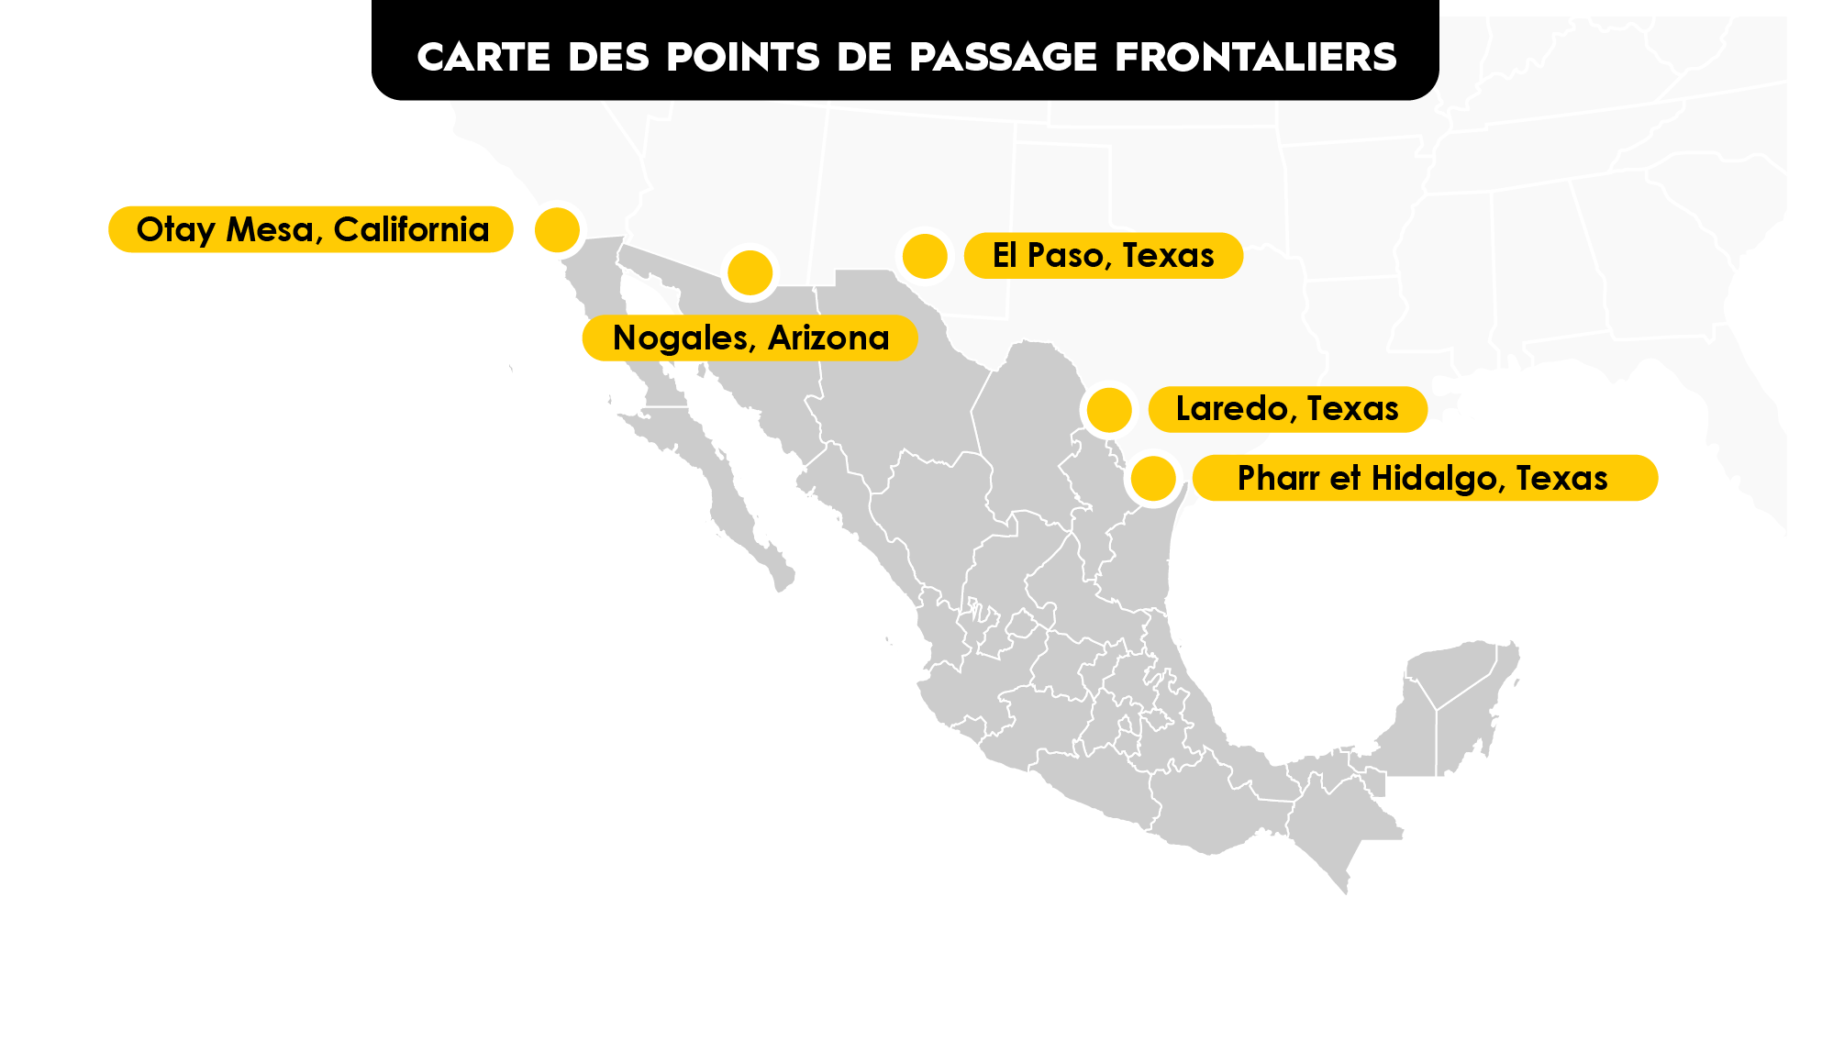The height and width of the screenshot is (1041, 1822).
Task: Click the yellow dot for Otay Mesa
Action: click(x=557, y=229)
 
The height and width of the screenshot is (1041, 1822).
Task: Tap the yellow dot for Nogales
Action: click(x=750, y=272)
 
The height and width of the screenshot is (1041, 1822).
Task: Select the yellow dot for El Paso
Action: click(x=925, y=256)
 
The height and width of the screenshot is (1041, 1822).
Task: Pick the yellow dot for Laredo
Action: click(x=1109, y=409)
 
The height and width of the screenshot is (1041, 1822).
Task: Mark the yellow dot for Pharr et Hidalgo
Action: click(x=1153, y=478)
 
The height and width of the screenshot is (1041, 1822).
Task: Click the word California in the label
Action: click(x=411, y=229)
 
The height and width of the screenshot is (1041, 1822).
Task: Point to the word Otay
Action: click(x=175, y=230)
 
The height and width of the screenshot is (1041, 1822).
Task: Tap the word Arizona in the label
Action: click(x=828, y=338)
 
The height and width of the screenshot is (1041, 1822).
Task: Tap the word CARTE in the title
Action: click(x=483, y=57)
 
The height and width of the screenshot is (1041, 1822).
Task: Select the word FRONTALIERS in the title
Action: click(x=1256, y=57)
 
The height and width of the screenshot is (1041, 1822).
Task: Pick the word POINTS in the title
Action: click(x=743, y=57)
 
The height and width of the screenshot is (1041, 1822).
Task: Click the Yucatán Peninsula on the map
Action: click(x=1459, y=697)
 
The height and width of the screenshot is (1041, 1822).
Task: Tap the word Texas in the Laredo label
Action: click(x=1352, y=409)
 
